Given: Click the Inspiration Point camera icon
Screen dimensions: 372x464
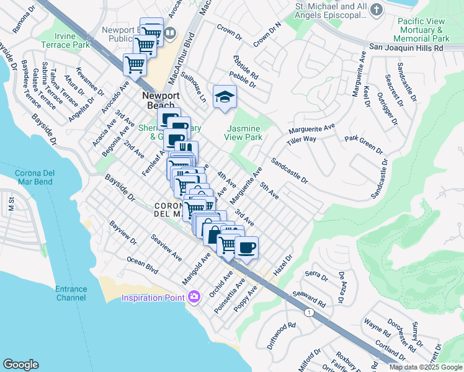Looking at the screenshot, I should point(194,297).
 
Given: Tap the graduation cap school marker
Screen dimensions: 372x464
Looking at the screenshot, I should point(225,97).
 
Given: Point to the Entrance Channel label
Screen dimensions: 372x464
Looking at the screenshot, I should point(71,293).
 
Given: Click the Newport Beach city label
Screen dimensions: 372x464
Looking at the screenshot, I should point(161,100).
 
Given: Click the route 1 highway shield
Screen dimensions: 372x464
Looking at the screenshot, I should point(309,312).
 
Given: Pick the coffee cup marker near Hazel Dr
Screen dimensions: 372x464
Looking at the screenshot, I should point(246,247).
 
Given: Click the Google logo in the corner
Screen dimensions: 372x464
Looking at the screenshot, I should point(20,365).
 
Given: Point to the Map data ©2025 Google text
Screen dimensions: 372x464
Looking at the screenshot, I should point(426,367).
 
